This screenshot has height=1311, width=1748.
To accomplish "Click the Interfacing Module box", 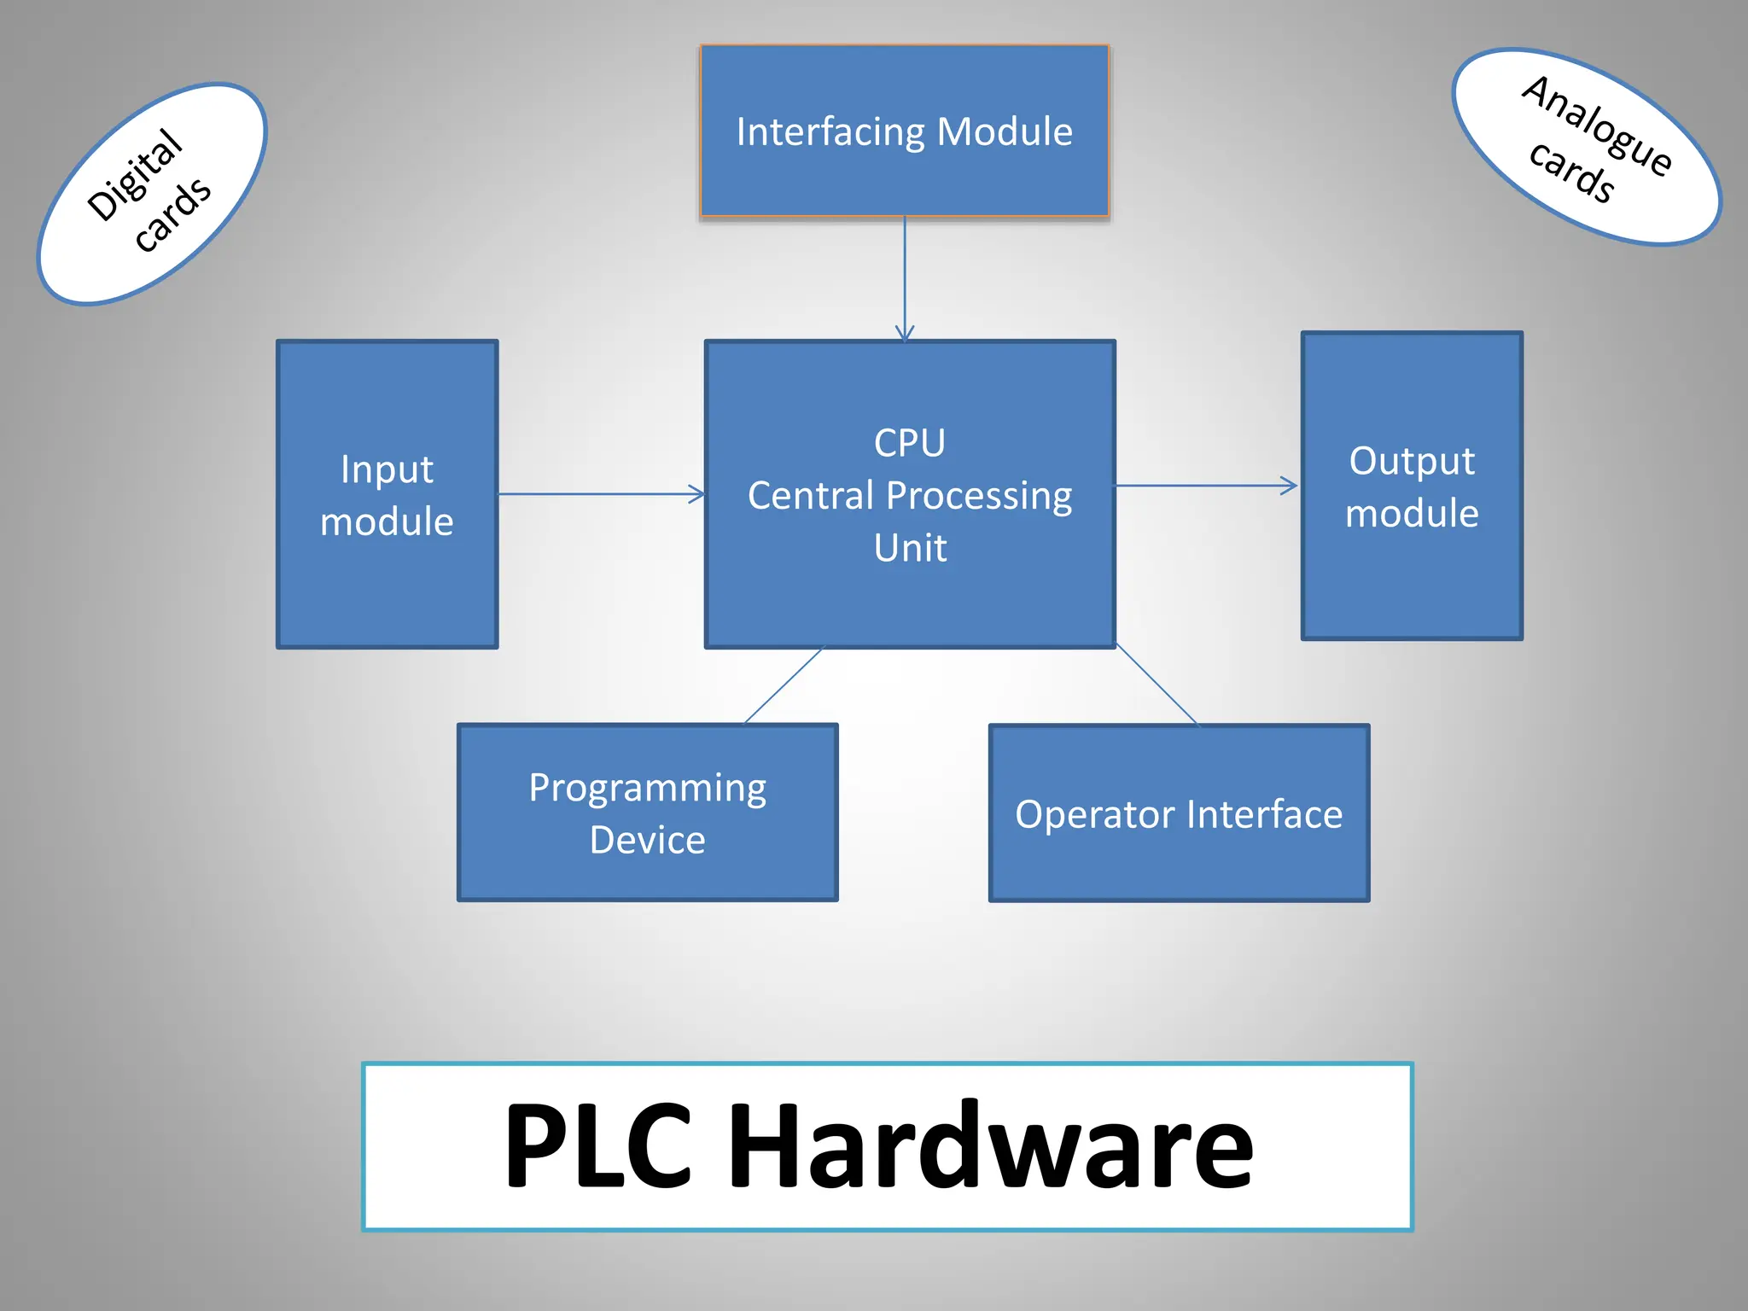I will pyautogui.click(x=904, y=131).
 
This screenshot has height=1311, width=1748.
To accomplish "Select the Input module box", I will pyautogui.click(x=387, y=494).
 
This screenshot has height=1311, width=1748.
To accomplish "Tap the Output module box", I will pyautogui.click(x=1412, y=486).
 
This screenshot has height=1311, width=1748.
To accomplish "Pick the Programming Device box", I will pyautogui.click(x=647, y=813).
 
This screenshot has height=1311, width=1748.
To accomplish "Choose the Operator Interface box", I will pyautogui.click(x=1179, y=813).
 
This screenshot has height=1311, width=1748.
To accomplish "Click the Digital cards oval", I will pyautogui.click(x=152, y=194).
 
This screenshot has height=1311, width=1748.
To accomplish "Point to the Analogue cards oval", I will pyautogui.click(x=1587, y=147).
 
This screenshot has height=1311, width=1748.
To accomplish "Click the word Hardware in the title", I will pyautogui.click(x=990, y=1145).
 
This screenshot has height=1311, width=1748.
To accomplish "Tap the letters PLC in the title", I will pyautogui.click(x=597, y=1145).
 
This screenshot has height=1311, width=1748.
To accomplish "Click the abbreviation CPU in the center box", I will pyautogui.click(x=910, y=443).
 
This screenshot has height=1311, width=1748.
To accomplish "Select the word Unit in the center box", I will pyautogui.click(x=910, y=548).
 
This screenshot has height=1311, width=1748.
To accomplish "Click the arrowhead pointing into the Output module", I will pyautogui.click(x=1290, y=486).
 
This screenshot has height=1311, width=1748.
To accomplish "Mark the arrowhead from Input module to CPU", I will pyautogui.click(x=697, y=494).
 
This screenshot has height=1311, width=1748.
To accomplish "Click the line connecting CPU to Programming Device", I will pyautogui.click(x=784, y=685).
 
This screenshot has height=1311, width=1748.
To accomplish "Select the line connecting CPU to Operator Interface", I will pyautogui.click(x=1157, y=685).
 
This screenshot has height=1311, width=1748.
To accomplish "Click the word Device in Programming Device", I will pyautogui.click(x=647, y=840).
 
